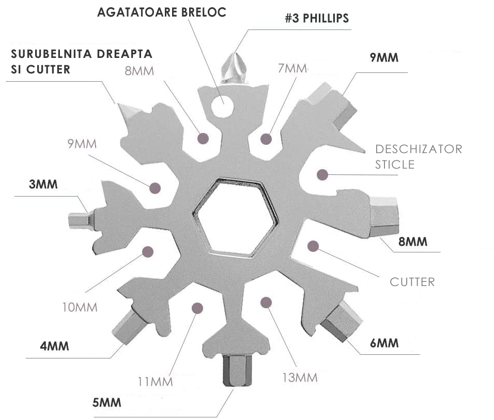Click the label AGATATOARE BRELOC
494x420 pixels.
tap(162, 12)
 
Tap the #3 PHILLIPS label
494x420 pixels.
tap(317, 18)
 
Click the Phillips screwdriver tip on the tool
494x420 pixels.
tap(236, 67)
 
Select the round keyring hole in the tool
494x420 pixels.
tap(223, 107)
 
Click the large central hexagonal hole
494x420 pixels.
tap(235, 217)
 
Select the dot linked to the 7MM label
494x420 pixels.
tap(266, 139)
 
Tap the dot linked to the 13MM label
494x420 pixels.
tap(267, 302)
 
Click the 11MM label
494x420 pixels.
tap(156, 383)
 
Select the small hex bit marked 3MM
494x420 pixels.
tap(80, 220)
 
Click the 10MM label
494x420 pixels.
tap(79, 307)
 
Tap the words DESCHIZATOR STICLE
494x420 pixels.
tap(419, 157)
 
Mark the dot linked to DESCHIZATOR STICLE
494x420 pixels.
tap(322, 174)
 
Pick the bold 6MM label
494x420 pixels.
tap(384, 343)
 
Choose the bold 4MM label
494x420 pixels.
tap(55, 346)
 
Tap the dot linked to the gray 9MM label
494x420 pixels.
tap(155, 188)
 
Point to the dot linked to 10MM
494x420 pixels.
tap(148, 252)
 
